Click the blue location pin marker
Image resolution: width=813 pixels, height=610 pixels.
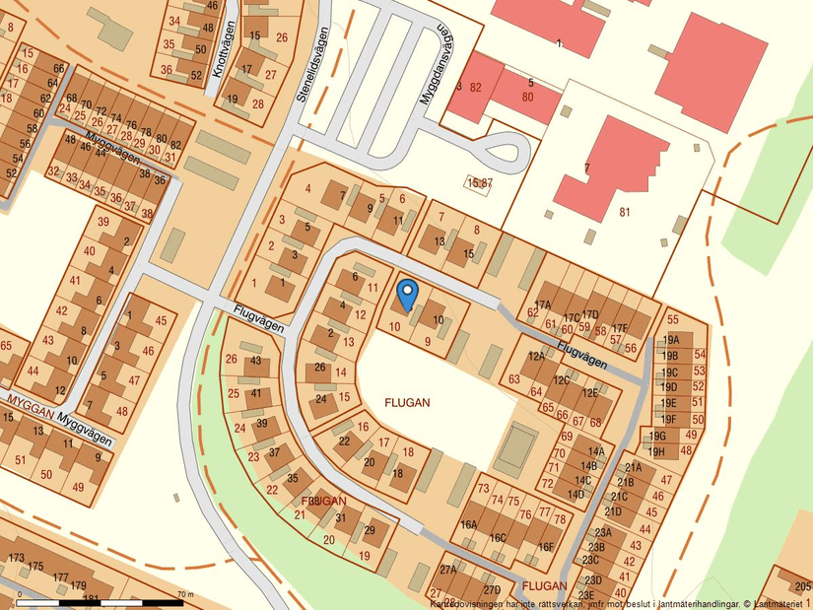click(x=407, y=293)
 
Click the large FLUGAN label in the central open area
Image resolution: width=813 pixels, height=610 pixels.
click(x=408, y=403)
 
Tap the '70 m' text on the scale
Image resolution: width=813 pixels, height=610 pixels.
click(x=183, y=594)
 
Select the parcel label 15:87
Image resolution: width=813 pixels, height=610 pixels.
click(x=480, y=183)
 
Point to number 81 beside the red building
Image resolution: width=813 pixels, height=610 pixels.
click(x=624, y=211)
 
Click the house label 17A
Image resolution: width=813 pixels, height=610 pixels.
click(x=542, y=305)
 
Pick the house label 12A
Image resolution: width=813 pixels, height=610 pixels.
click(x=536, y=356)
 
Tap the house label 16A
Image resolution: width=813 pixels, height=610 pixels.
click(x=468, y=525)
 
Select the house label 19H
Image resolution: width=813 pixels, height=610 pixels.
click(x=670, y=451)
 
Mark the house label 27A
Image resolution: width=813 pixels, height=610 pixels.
click(x=448, y=570)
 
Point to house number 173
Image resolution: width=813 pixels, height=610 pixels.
click(x=16, y=559)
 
